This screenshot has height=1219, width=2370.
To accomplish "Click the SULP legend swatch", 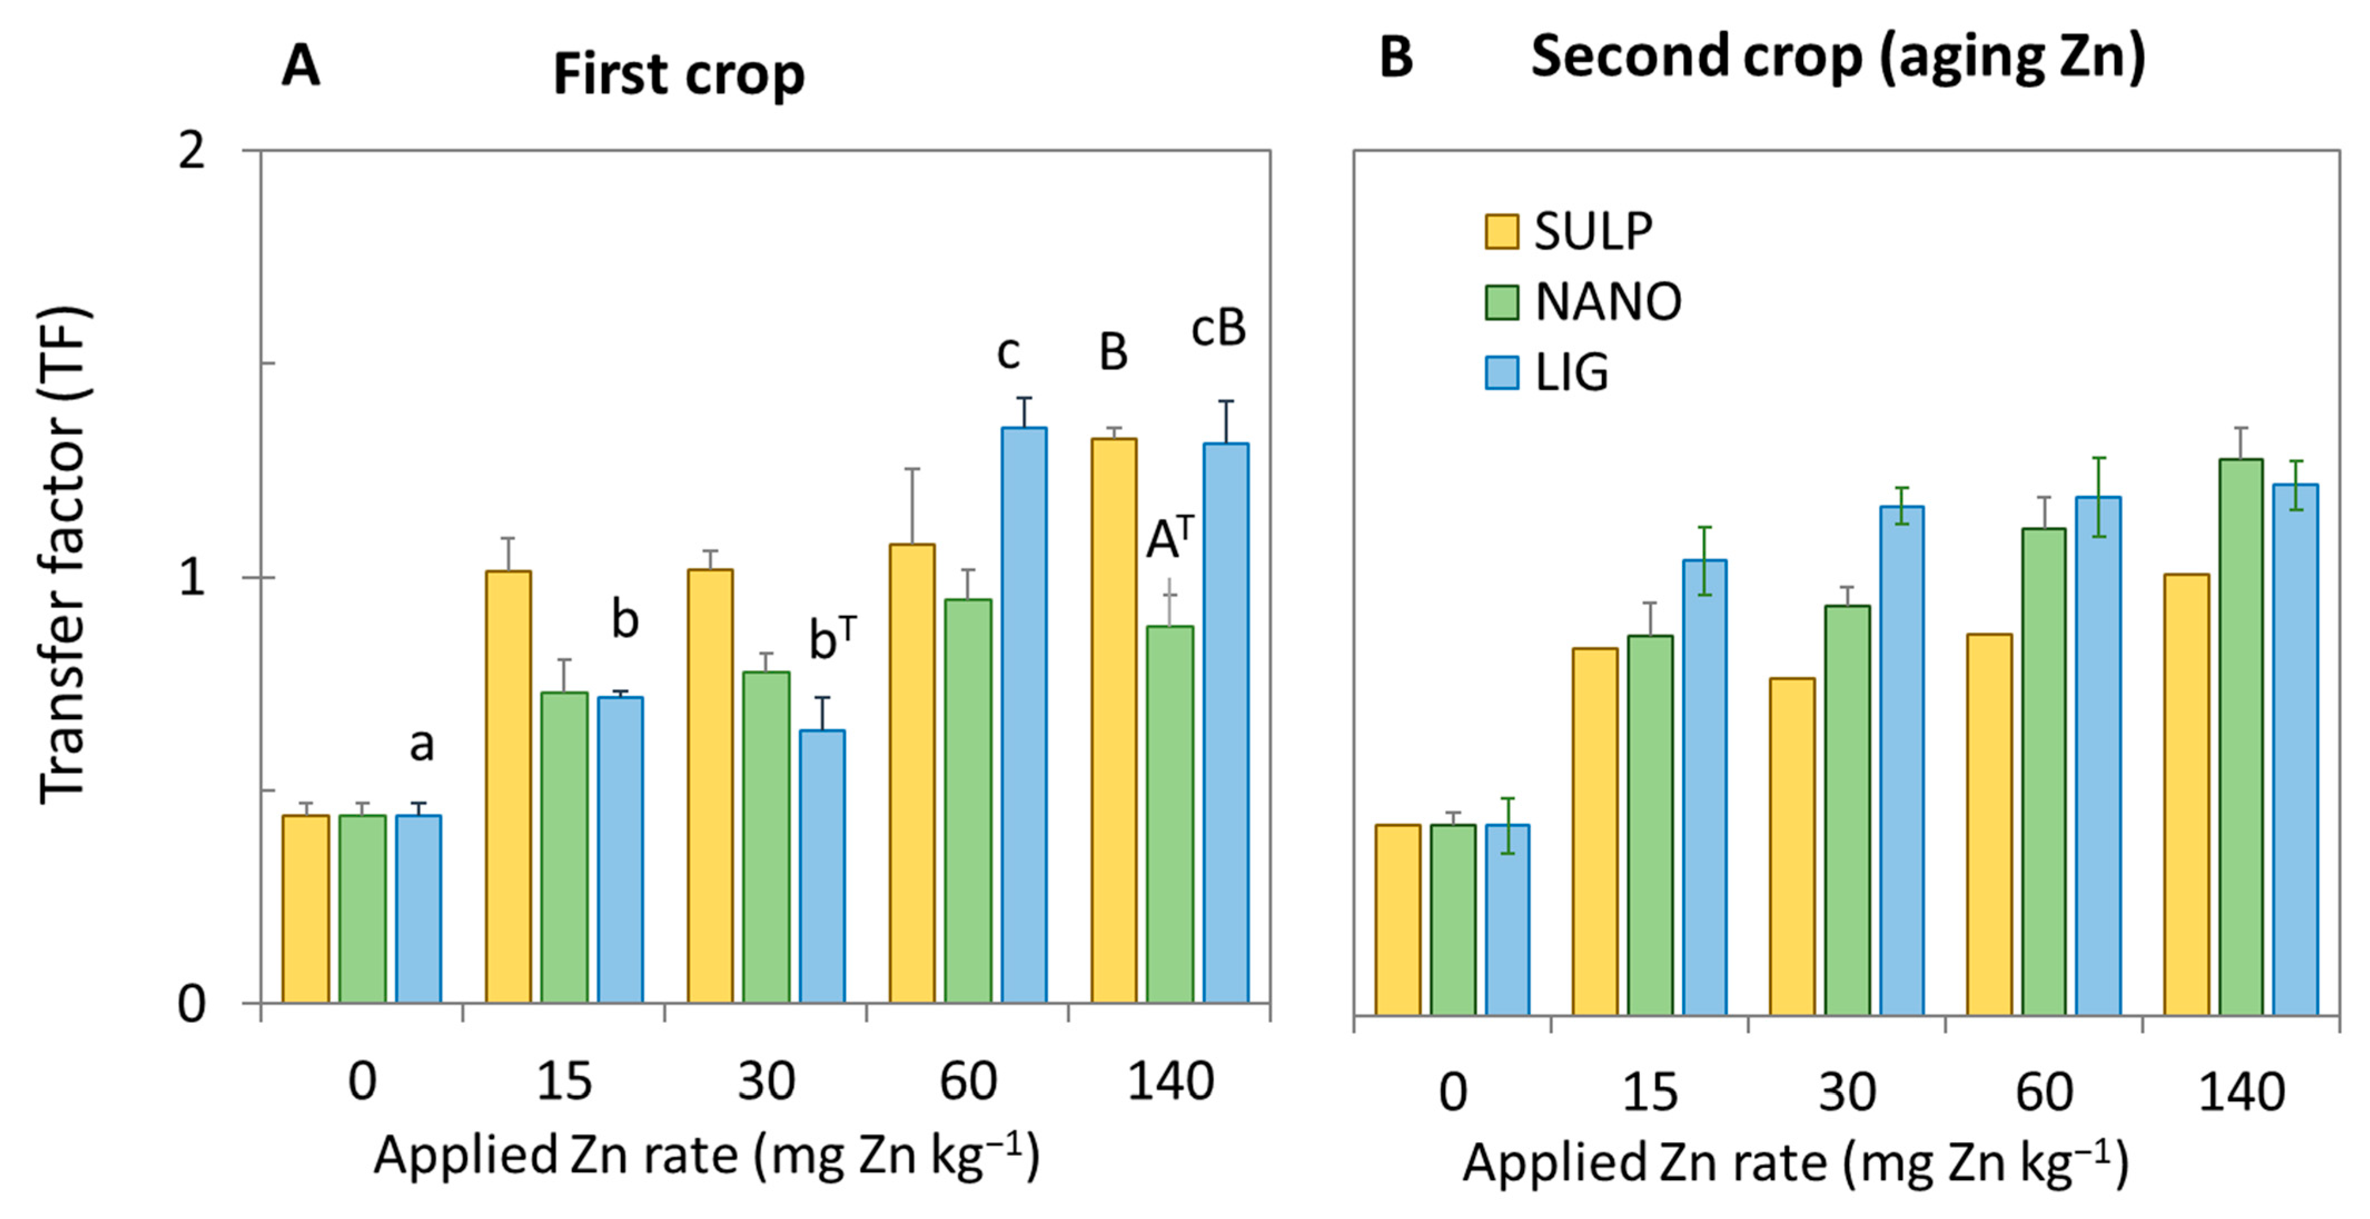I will pyautogui.click(x=1501, y=231).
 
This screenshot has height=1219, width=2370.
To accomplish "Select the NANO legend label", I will pyautogui.click(x=1607, y=302).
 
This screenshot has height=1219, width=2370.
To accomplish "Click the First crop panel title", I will pyautogui.click(x=678, y=73).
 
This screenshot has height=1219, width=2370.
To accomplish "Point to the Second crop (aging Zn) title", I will pyautogui.click(x=1837, y=57).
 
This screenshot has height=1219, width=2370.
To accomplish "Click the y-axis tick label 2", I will pyautogui.click(x=191, y=150).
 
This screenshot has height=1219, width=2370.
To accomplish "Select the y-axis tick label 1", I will pyautogui.click(x=191, y=578).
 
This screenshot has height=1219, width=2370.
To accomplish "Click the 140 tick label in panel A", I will pyautogui.click(x=1171, y=1081).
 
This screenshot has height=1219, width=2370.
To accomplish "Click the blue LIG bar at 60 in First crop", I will pyautogui.click(x=1024, y=715).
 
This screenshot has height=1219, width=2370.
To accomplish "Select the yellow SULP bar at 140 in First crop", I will pyautogui.click(x=1113, y=720).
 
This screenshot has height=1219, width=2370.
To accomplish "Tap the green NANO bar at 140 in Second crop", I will pyautogui.click(x=2240, y=736).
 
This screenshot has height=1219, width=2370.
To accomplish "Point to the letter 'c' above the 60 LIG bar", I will pyautogui.click(x=1008, y=352).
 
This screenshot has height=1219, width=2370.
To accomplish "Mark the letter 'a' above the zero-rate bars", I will pyautogui.click(x=422, y=744).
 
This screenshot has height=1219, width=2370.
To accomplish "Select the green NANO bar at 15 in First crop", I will pyautogui.click(x=564, y=847).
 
